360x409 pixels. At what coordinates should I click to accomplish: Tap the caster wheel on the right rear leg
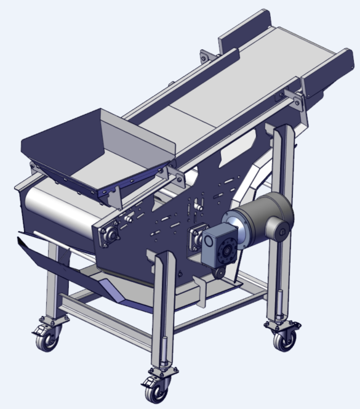pyautogui.click(x=285, y=338)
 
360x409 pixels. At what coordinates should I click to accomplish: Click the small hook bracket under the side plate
pyautogui.click(x=201, y=287)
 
